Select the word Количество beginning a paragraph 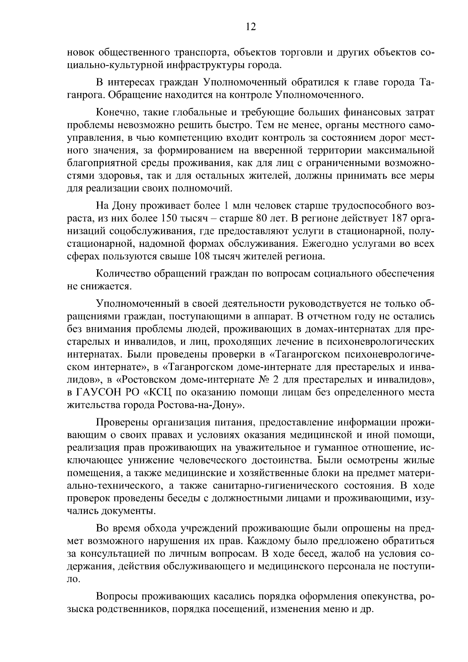pos(124,274)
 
